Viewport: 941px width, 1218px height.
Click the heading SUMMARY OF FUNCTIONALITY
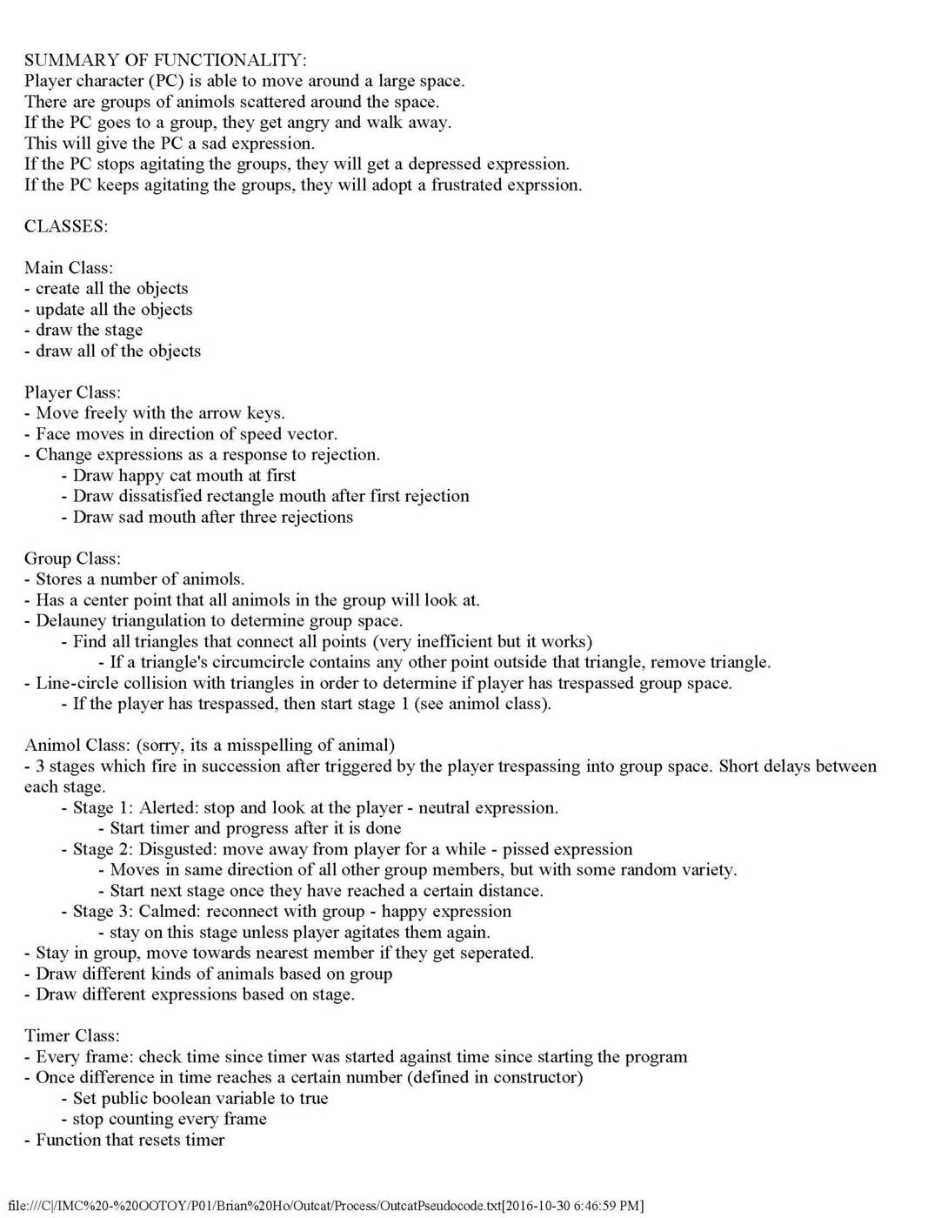click(x=165, y=60)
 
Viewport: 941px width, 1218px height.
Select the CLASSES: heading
click(x=66, y=226)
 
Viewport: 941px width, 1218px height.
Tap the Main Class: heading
click(x=69, y=268)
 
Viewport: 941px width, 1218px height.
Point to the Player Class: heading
click(x=72, y=392)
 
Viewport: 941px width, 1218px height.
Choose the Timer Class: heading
click(x=72, y=1035)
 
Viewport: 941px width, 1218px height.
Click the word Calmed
click(x=168, y=911)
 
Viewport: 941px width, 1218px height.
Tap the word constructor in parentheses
click(x=535, y=1077)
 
